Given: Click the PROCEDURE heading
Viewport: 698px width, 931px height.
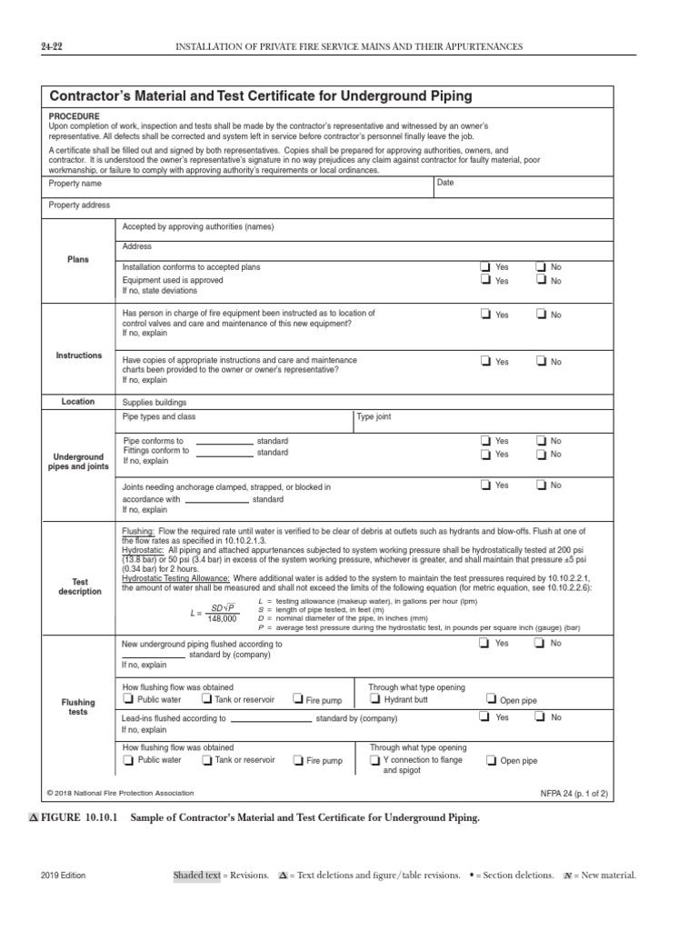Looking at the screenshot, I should pos(75,116).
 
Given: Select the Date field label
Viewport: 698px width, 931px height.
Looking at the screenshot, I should pos(445,183).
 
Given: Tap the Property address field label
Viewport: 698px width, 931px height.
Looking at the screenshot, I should pos(79,205).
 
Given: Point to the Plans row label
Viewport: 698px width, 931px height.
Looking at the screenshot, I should pos(79,259).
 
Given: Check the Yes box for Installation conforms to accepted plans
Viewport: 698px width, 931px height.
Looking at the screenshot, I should pos(485,267).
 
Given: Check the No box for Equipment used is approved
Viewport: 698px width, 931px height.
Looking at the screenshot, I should pos(542,281).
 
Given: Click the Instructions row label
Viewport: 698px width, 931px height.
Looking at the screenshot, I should pos(79,355).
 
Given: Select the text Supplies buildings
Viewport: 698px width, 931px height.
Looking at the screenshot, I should pos(155,401).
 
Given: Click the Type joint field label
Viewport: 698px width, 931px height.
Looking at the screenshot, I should pos(375,416).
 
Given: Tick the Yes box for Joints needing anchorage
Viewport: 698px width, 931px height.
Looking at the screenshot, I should pos(485,486).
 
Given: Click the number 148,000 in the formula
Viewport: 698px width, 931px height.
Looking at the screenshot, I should pos(222,619).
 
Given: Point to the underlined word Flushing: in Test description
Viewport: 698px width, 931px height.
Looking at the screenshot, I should pos(139,529).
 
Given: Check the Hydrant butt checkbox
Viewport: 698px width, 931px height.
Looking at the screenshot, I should pos(376,700).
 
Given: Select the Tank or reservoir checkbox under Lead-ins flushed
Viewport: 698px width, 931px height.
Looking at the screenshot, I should pos(207,760).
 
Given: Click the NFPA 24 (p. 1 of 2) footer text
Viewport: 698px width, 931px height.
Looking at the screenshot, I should pos(574,793).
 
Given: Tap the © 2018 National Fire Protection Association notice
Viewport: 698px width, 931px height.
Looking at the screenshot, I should pos(115,793).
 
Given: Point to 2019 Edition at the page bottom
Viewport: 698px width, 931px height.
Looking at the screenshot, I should pos(64,876).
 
